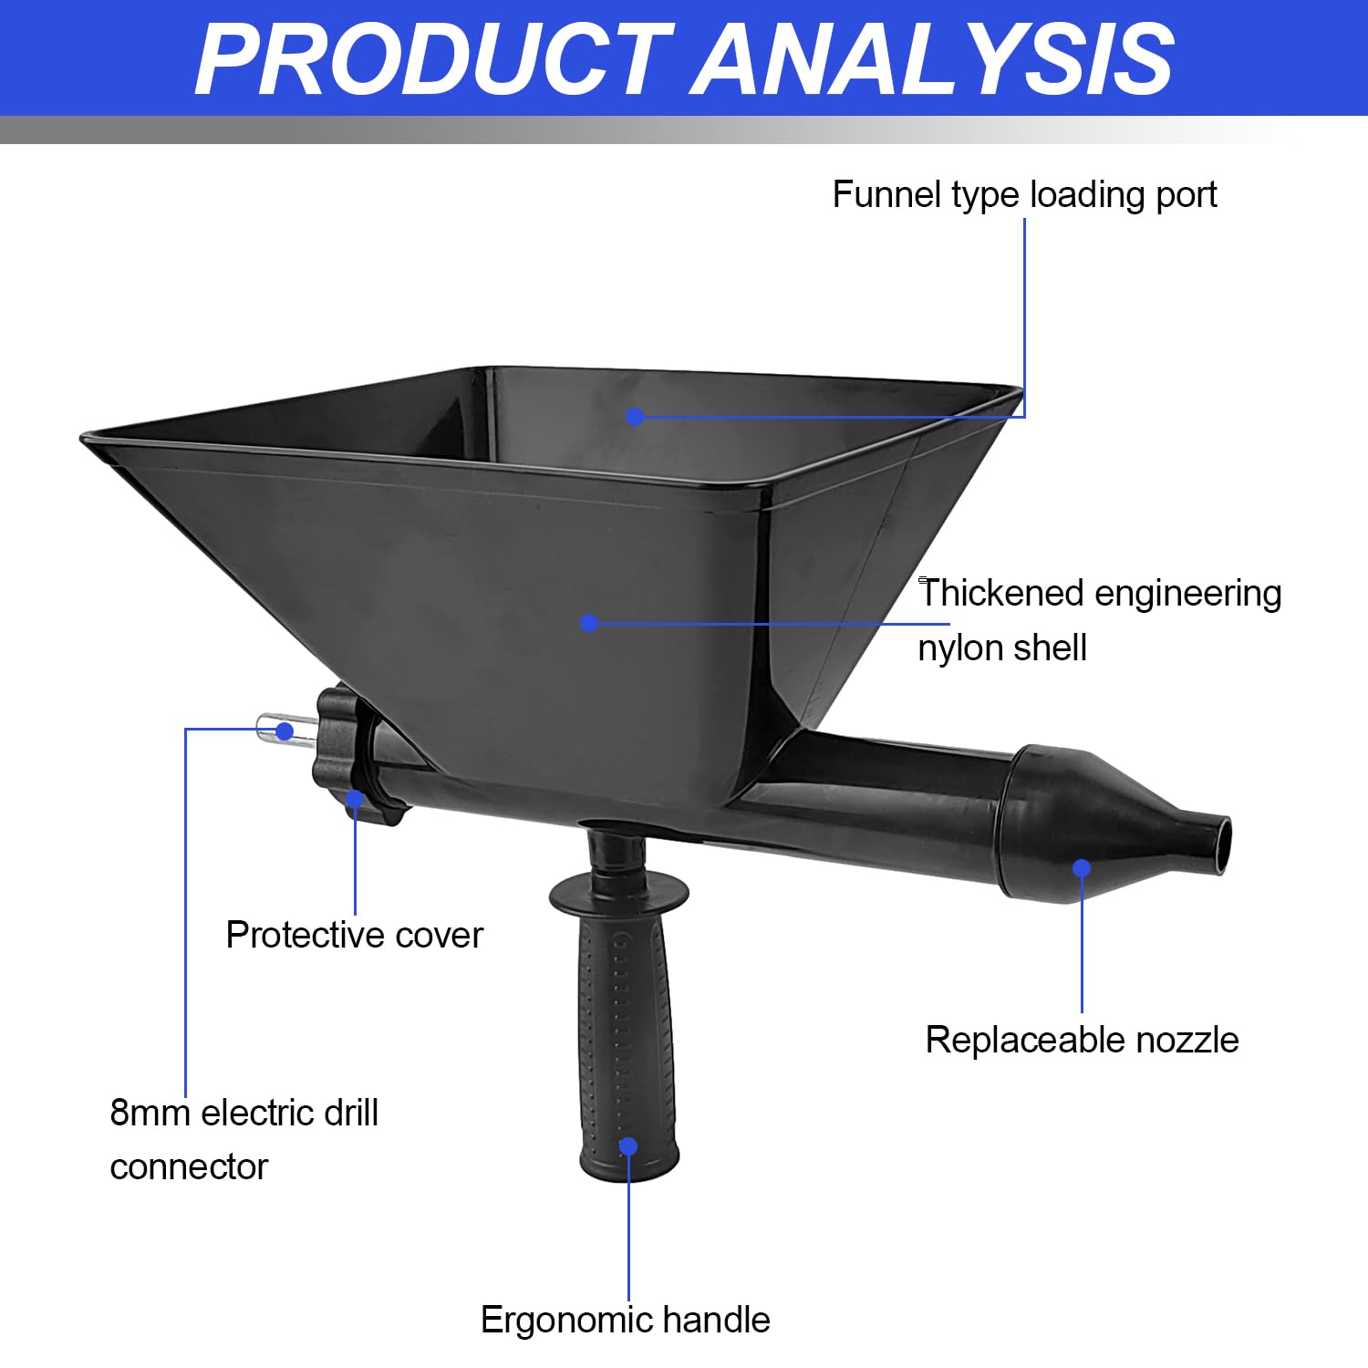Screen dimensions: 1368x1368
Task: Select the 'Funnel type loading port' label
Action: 1024,195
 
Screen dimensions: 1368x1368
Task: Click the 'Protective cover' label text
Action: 354,935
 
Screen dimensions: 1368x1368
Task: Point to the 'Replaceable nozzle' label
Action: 1082,1040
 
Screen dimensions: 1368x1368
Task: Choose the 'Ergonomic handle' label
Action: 625,1320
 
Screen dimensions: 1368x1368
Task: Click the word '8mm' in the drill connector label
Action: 150,1113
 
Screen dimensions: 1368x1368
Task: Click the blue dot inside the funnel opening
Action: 636,417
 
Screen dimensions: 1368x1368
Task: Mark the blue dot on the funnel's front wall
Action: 589,623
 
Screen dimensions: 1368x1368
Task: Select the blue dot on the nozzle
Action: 1082,867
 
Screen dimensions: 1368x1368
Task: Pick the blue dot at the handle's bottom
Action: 628,1145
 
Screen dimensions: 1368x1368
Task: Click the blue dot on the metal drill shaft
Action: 285,731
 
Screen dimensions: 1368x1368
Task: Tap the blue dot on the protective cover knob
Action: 355,800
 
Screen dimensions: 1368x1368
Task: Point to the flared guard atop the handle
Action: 619,893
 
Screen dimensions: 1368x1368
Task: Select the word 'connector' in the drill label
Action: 189,1167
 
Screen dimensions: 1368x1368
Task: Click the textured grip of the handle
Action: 628,1049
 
